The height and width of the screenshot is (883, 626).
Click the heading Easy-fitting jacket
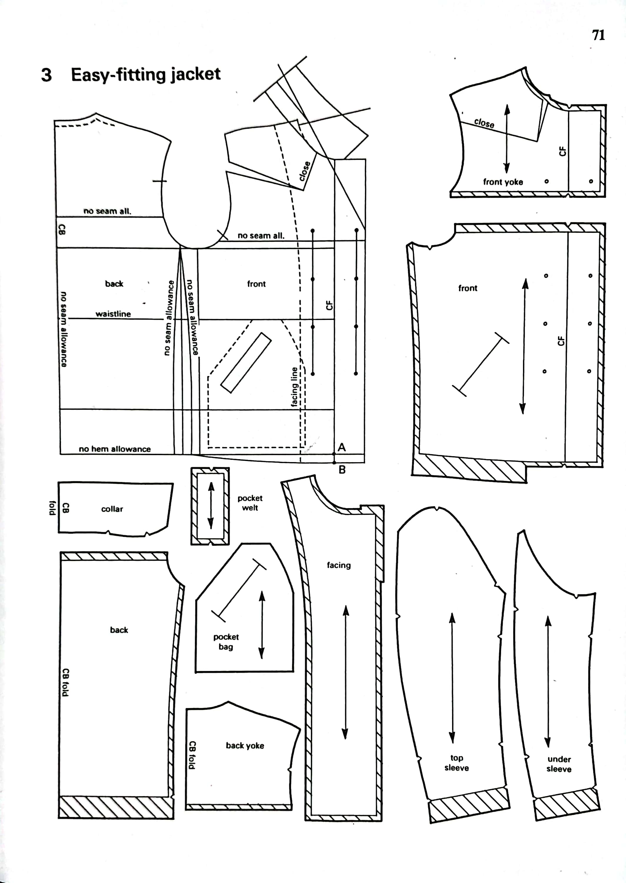coord(146,74)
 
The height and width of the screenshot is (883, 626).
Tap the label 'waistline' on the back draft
coord(113,314)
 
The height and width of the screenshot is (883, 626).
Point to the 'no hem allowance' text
coord(114,449)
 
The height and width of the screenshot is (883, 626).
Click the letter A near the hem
coord(342,447)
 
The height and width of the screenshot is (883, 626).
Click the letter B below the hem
coord(342,470)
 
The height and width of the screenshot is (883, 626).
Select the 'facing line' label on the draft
coord(294,387)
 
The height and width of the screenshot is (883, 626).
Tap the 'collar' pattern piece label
coord(112,509)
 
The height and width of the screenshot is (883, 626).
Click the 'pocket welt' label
coord(250,503)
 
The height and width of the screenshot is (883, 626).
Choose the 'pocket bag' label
coord(226,642)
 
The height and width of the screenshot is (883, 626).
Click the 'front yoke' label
coord(503,182)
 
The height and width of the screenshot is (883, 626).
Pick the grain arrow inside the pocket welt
coord(210,506)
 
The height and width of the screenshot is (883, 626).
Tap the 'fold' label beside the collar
coord(53,507)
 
